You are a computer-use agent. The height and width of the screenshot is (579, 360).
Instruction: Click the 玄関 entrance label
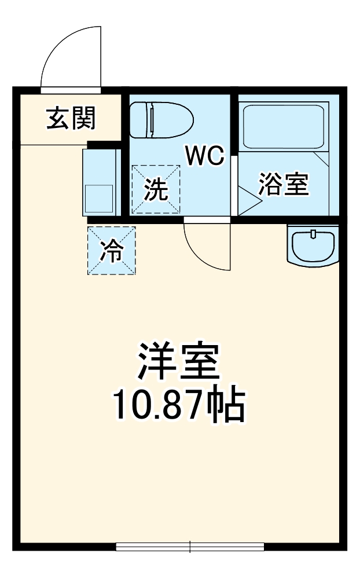(71, 118)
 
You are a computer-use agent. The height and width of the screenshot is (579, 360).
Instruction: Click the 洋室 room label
(179, 361)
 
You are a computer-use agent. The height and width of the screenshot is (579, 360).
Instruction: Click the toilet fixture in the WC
(161, 120)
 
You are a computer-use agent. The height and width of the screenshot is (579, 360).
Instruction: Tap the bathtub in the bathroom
(284, 126)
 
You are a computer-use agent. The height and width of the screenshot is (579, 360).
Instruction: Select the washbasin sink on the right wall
(313, 245)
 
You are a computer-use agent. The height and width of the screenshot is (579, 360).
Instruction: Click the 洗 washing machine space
(156, 189)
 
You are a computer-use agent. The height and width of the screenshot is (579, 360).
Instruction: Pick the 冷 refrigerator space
(112, 250)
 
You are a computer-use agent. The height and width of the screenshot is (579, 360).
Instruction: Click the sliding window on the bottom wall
(190, 547)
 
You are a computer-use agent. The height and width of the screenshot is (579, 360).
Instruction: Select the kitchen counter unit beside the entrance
(101, 182)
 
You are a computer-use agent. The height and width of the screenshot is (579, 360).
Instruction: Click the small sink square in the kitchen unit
(99, 199)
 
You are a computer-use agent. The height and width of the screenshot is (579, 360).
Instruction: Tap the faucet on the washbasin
(314, 233)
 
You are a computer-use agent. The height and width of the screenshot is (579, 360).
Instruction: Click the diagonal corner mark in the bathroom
(321, 159)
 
